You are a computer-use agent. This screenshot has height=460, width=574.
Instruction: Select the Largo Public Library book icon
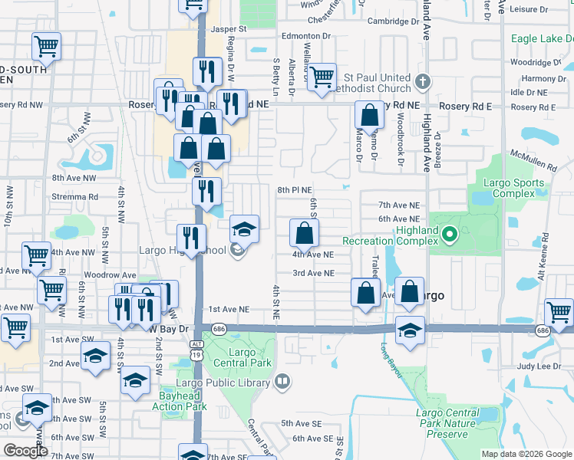click(283, 381)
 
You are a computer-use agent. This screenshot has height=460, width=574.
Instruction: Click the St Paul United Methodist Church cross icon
click(422, 80)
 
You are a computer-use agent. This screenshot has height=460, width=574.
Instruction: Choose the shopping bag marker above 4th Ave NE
click(305, 232)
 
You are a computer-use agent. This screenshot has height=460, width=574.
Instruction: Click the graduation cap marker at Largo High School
click(244, 228)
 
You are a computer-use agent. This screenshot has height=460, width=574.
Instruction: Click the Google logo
click(25, 450)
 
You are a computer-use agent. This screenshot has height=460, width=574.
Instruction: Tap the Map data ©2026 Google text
click(526, 454)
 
